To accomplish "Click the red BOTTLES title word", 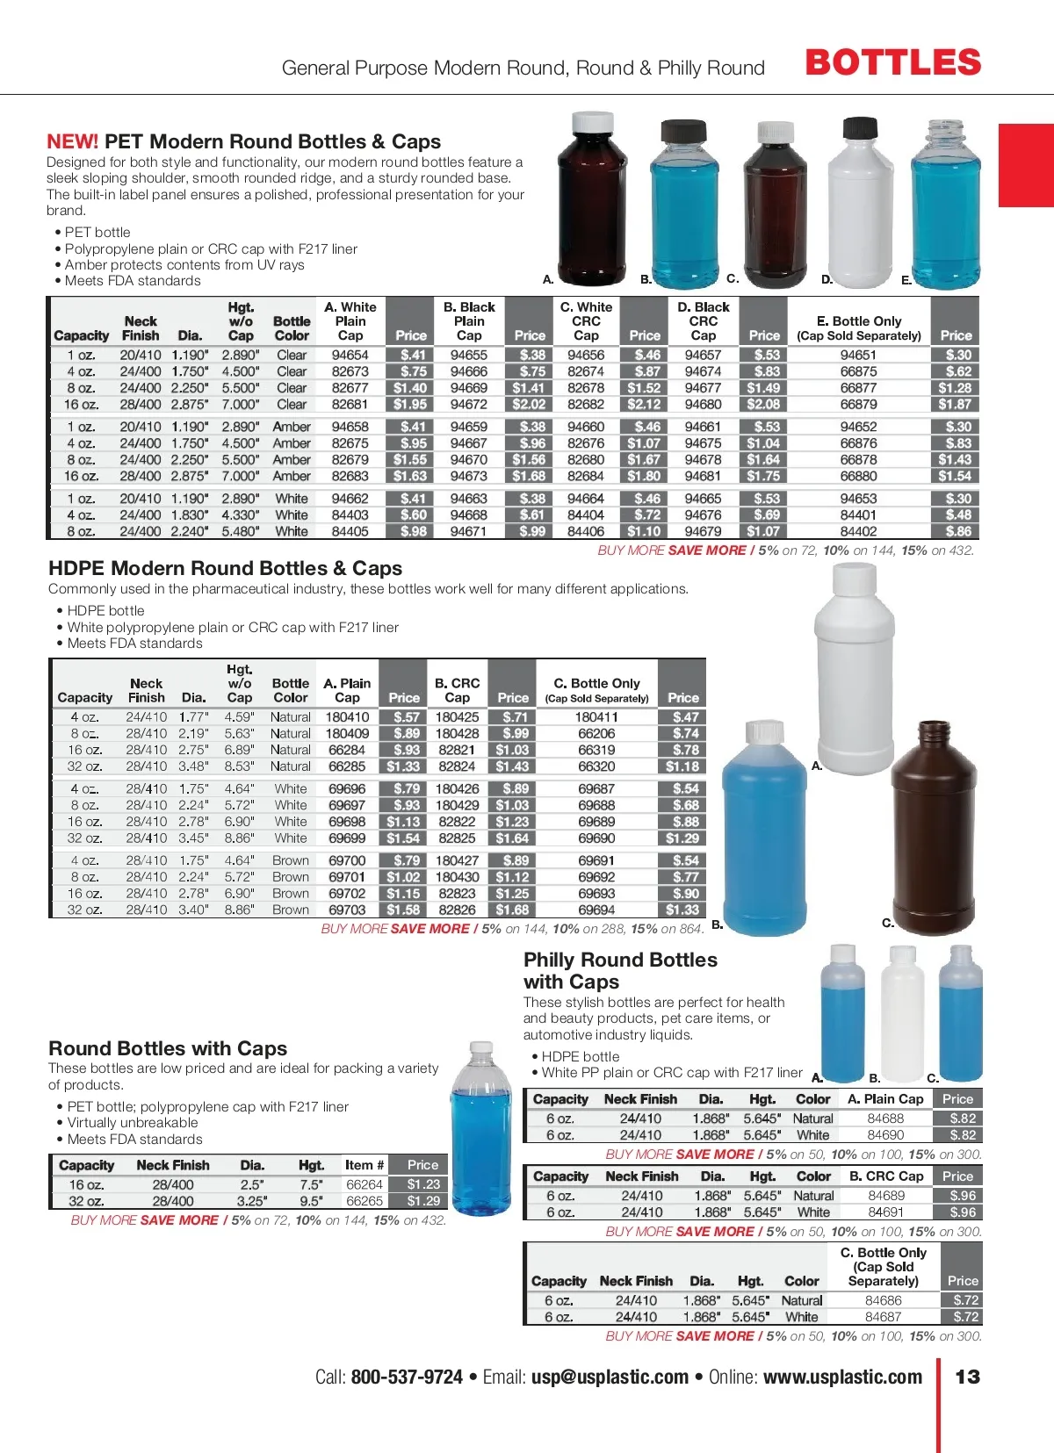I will (x=892, y=63).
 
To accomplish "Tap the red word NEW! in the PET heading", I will (x=72, y=142).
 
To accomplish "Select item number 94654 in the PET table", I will (x=350, y=356).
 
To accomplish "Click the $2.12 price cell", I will (x=644, y=405).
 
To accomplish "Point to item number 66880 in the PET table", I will (x=858, y=477).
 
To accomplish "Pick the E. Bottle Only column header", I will (x=858, y=327).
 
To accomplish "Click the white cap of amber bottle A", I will (x=592, y=124).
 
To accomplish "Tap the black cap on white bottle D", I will (x=858, y=130).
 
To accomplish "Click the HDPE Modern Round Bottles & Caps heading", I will (x=225, y=569).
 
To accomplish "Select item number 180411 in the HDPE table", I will (x=596, y=717).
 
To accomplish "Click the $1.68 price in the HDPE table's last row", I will (x=513, y=910).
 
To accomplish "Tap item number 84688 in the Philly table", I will (x=885, y=1119).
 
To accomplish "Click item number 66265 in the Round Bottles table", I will (x=365, y=1201).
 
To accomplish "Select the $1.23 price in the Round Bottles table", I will (x=423, y=1184).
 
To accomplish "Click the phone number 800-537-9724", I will (x=407, y=1377).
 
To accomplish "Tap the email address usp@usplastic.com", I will (x=610, y=1377).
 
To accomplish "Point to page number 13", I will (x=967, y=1377).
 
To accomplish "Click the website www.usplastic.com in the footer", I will (x=842, y=1377).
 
